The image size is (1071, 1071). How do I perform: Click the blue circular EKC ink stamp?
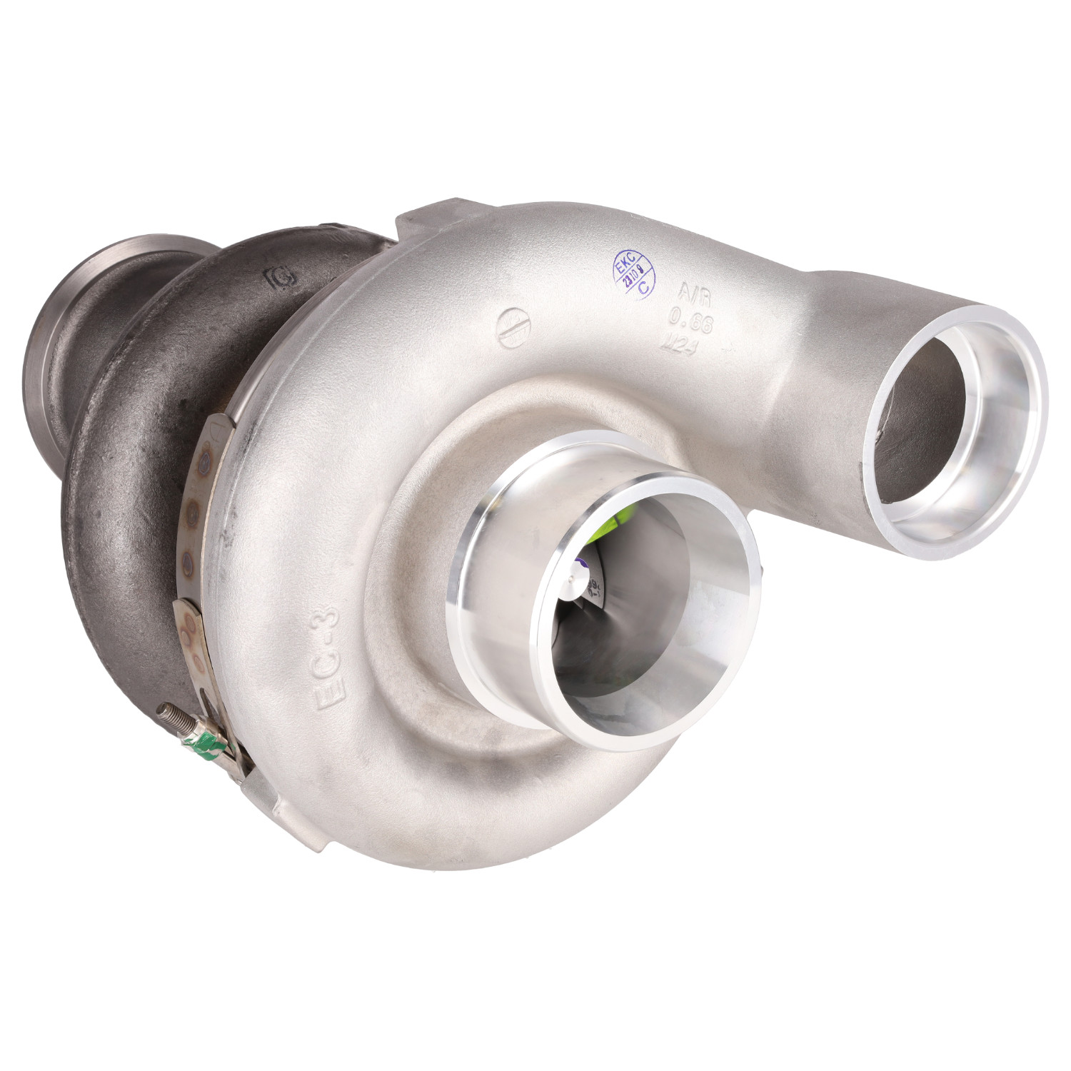click(633, 274)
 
